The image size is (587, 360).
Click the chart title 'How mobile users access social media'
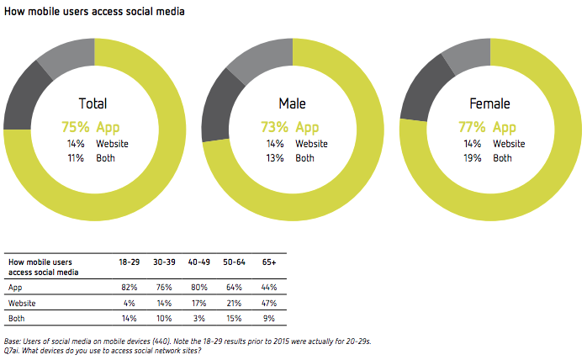[x=95, y=12]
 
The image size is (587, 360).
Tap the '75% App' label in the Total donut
[x=92, y=127]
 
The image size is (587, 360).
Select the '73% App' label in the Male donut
[x=291, y=127]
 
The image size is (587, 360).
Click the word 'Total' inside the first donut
[x=93, y=104]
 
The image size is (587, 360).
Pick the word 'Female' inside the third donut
[x=491, y=104]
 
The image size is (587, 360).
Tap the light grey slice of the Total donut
[x=65, y=56]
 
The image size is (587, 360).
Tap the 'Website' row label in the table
[x=22, y=302]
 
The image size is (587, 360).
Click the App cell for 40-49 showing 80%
[x=198, y=286]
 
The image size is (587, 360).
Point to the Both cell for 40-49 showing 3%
[x=198, y=319]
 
